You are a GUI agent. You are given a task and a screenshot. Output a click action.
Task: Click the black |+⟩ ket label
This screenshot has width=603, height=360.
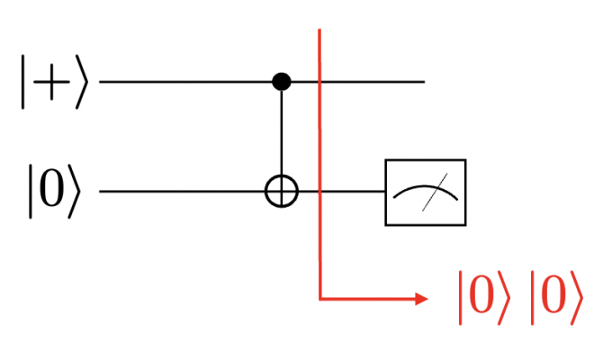tap(55, 82)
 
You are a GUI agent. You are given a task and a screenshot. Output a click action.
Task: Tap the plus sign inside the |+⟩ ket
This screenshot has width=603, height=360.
tap(51, 82)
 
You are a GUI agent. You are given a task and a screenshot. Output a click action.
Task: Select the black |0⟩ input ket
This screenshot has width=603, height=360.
tap(55, 191)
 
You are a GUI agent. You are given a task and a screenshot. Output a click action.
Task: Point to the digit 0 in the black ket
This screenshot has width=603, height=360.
tap(51, 191)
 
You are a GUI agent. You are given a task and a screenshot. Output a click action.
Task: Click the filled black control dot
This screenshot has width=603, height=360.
tap(282, 82)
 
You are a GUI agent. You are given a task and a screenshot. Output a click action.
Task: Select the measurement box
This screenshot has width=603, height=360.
tap(426, 159)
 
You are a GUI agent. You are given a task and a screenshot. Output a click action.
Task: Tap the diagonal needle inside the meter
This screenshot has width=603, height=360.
tap(435, 193)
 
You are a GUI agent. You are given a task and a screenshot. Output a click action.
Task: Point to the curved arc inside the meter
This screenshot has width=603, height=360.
tap(426, 186)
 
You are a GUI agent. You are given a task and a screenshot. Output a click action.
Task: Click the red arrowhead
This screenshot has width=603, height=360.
tap(422, 298)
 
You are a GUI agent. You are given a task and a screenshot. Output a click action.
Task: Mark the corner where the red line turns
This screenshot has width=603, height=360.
tap(320, 298)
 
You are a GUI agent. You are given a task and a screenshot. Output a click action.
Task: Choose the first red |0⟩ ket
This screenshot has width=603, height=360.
tap(484, 298)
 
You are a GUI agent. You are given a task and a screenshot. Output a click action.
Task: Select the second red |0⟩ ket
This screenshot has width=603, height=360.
tap(556, 298)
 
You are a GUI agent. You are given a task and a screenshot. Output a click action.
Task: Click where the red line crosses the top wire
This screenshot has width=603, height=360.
tap(319, 82)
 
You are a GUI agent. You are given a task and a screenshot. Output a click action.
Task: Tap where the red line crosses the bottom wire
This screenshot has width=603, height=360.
tap(319, 191)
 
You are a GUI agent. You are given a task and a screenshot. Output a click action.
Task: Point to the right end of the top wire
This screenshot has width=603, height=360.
tap(425, 82)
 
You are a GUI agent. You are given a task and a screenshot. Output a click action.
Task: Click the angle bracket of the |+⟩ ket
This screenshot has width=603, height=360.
tap(82, 82)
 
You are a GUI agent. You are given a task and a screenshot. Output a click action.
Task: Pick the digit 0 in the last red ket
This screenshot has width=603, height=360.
tap(553, 297)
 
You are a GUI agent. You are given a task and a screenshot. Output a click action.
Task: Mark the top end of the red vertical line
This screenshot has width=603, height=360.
tap(319, 29)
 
